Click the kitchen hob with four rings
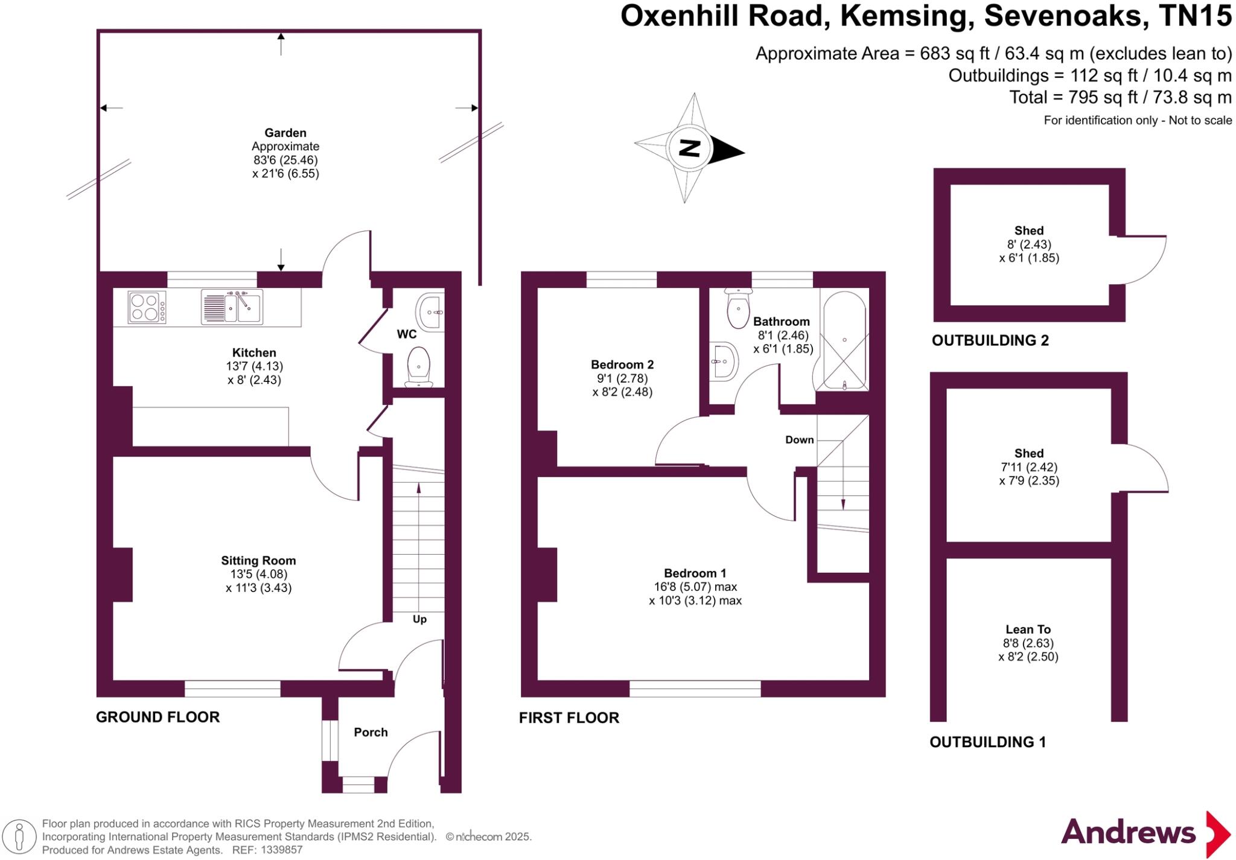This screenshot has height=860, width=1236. [147, 307]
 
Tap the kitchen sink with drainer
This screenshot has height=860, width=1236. [232, 307]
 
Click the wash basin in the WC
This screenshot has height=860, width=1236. [430, 312]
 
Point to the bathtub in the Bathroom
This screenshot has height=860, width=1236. [844, 342]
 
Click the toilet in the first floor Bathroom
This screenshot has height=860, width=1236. [738, 308]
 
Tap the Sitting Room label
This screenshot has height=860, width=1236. [258, 561]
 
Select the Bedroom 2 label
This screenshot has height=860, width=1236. [622, 365]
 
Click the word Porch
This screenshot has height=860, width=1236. [371, 732]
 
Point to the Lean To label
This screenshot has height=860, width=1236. [1028, 629]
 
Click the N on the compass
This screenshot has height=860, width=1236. [690, 148]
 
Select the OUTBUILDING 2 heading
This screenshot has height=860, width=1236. [990, 340]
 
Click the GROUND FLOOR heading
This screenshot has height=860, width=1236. [158, 717]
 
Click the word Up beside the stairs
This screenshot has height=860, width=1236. [419, 619]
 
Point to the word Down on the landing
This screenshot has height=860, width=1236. [799, 440]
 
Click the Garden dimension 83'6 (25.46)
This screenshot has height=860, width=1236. [285, 160]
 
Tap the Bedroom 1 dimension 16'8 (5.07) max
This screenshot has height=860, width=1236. [695, 587]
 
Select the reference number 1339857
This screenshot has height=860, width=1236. [281, 850]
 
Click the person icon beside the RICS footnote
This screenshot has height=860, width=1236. [19, 837]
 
